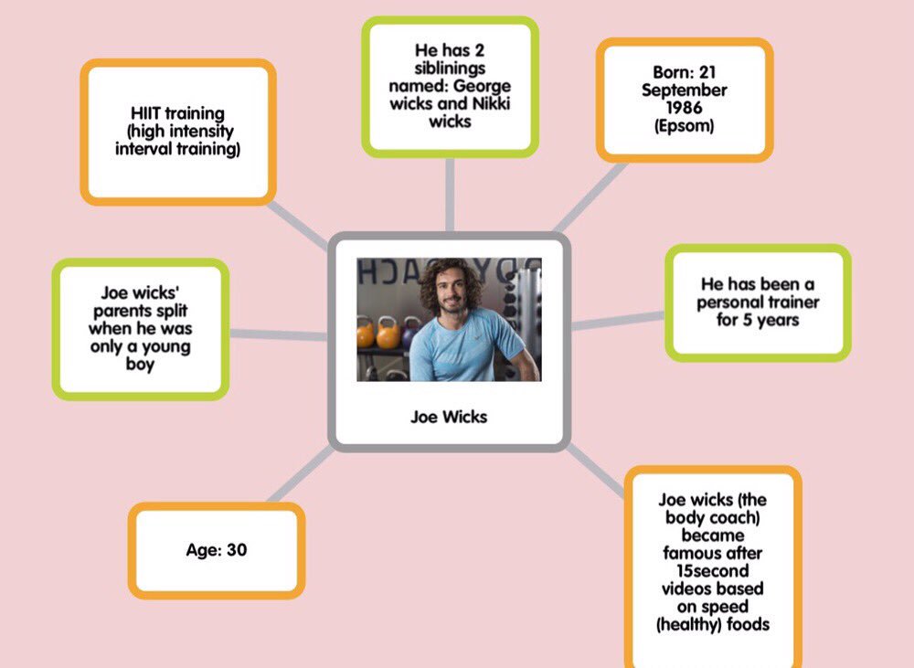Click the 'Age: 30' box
click(x=217, y=551)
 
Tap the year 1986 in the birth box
click(x=684, y=108)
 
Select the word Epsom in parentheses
click(x=685, y=126)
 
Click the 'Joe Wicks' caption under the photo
click(x=449, y=417)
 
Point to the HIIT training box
click(x=178, y=131)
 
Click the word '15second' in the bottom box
click(x=712, y=571)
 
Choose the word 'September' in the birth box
click(x=685, y=90)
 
